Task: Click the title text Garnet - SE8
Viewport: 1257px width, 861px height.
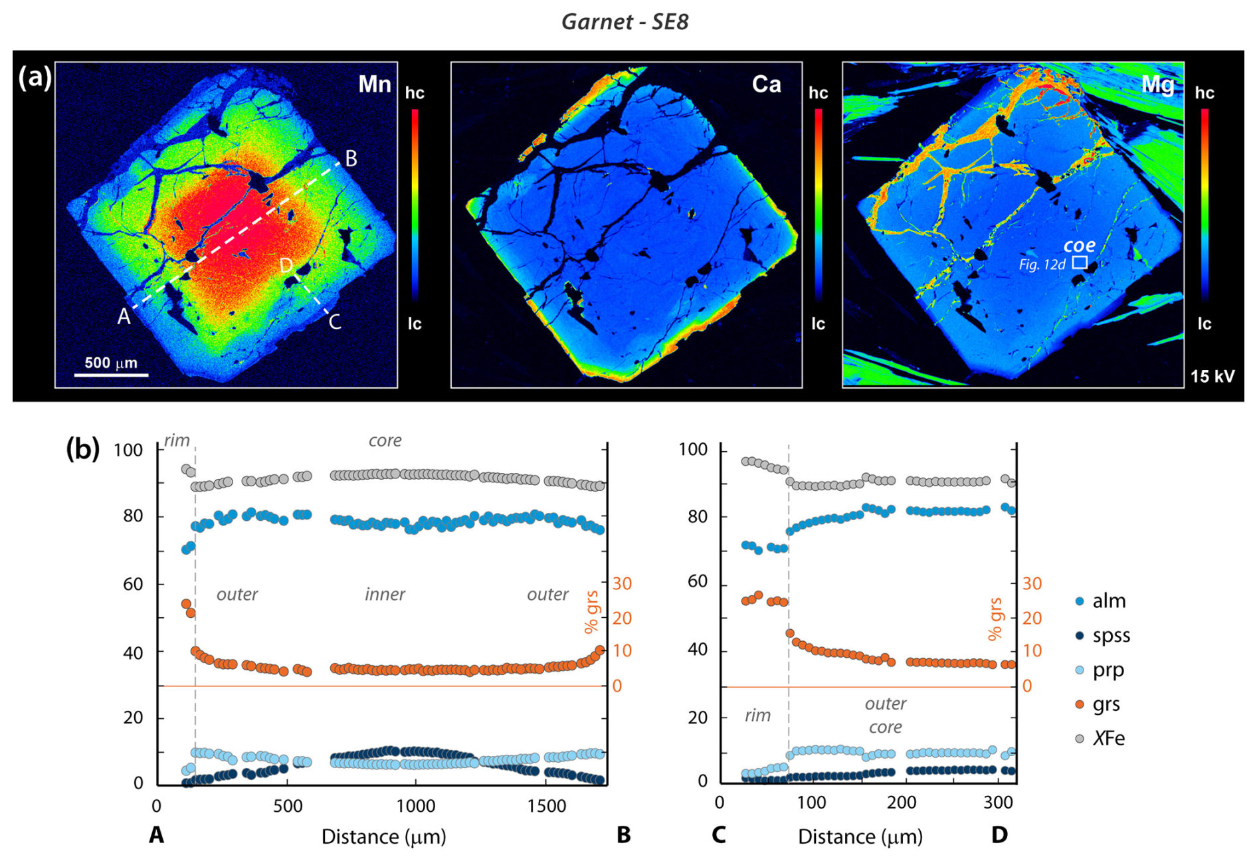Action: point(625,22)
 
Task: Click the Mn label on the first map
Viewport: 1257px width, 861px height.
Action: point(374,84)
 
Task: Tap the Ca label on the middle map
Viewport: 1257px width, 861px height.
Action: point(766,84)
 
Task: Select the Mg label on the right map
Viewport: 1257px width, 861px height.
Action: point(1157,84)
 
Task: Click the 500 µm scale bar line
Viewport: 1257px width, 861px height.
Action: point(111,375)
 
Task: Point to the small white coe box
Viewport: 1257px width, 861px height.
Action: point(1080,263)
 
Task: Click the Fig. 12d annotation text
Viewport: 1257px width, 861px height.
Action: point(1042,264)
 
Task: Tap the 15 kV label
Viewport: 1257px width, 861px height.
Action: point(1212,377)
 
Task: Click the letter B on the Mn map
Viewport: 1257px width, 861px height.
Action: point(351,158)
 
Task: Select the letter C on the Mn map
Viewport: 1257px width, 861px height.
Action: point(335,322)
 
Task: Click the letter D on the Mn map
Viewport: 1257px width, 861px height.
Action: point(286,266)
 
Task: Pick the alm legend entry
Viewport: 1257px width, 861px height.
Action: point(1108,601)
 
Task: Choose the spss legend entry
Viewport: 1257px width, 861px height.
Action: point(1110,636)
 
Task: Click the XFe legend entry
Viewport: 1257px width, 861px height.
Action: point(1108,739)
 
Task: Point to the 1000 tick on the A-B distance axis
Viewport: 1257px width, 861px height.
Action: point(416,807)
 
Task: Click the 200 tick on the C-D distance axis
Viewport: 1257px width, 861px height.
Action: point(901,803)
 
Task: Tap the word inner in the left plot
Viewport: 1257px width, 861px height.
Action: point(385,595)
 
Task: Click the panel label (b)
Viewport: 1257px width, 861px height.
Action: point(82,449)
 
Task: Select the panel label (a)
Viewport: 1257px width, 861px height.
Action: point(35,78)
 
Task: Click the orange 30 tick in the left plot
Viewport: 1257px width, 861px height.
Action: point(622,584)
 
